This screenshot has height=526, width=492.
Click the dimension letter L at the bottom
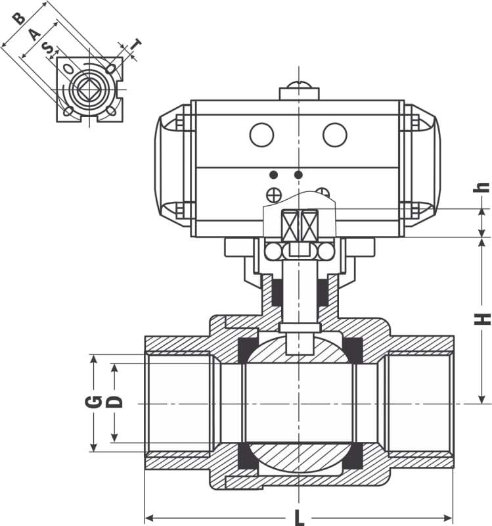pos(299,517)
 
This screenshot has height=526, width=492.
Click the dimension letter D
pos(115,400)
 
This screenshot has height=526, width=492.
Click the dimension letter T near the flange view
pos(136,45)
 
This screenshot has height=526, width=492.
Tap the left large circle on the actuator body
pos(261,135)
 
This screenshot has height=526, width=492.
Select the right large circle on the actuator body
pos(334,135)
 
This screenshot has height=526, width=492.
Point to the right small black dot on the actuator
pos(298,174)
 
